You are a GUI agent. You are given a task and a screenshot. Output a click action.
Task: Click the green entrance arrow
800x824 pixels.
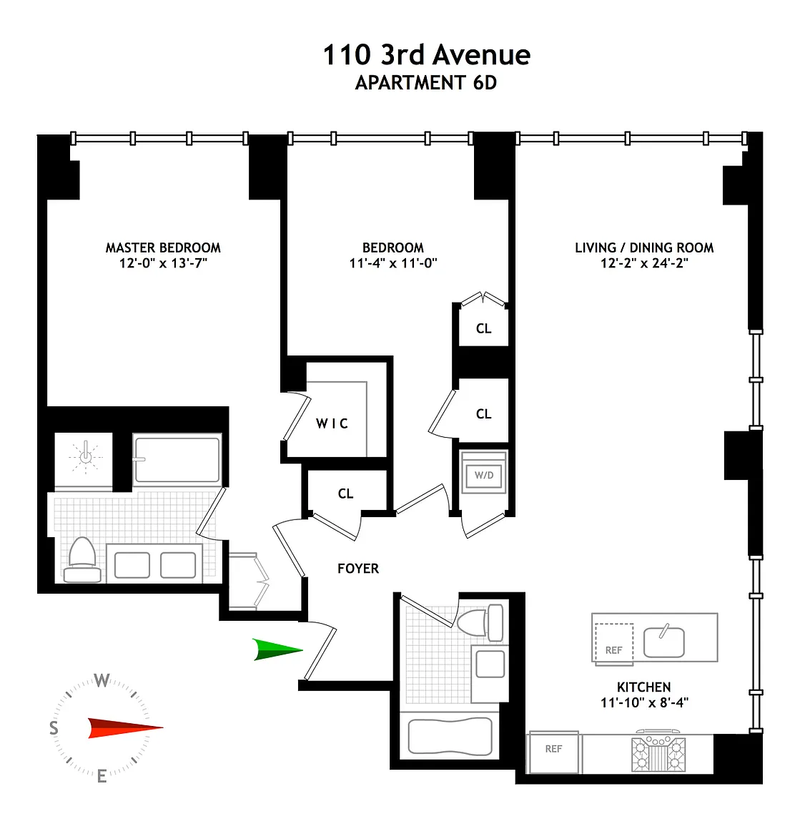pyautogui.click(x=278, y=649)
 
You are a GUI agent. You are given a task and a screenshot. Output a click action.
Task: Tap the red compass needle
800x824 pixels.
pyautogui.click(x=126, y=728)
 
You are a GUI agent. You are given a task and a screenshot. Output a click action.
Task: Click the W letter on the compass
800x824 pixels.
pyautogui.click(x=102, y=680)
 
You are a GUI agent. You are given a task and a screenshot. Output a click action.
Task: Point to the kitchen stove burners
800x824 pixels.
pyautogui.click(x=658, y=754)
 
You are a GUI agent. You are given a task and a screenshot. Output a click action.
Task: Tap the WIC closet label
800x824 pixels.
pyautogui.click(x=332, y=423)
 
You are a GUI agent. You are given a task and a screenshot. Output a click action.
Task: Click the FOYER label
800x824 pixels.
pyautogui.click(x=358, y=569)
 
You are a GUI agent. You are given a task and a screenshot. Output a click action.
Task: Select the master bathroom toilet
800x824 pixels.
pyautogui.click(x=82, y=559)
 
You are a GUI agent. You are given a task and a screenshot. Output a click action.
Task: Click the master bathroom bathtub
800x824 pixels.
pyautogui.click(x=177, y=461)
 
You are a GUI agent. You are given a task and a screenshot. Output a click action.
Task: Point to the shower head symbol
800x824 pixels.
pyautogui.click(x=85, y=456)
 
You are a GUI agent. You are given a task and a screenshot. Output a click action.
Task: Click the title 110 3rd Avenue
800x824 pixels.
pyautogui.click(x=427, y=54)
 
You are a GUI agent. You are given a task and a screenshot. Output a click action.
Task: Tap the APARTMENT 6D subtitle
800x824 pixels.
pyautogui.click(x=426, y=83)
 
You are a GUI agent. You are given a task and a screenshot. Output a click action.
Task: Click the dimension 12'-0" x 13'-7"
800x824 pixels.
pyautogui.click(x=164, y=263)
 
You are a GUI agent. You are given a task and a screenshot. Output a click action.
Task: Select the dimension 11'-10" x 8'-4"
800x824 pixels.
pyautogui.click(x=645, y=702)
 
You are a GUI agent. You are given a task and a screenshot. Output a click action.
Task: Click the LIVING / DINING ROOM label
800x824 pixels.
pyautogui.click(x=645, y=247)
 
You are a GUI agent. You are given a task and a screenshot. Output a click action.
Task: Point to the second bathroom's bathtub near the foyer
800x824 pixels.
pyautogui.click(x=450, y=736)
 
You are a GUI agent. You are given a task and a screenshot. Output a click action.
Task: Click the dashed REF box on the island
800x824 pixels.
pyautogui.click(x=613, y=643)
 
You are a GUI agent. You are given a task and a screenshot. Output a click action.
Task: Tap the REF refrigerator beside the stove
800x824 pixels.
pyautogui.click(x=553, y=752)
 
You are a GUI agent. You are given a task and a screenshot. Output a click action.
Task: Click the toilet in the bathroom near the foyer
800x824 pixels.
pyautogui.click(x=480, y=623)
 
